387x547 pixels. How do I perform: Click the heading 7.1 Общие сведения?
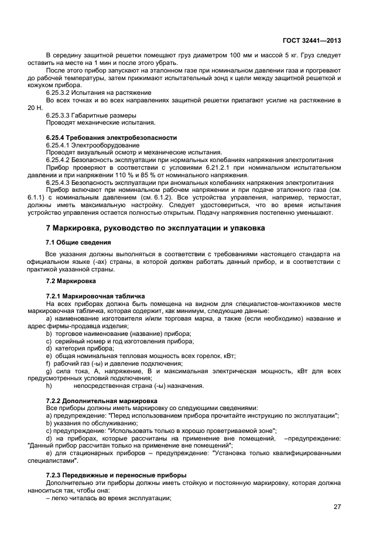[x=78, y=242]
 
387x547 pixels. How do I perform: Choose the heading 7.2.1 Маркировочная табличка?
[x=95, y=296]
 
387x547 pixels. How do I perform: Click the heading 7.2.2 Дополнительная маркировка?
[x=97, y=401]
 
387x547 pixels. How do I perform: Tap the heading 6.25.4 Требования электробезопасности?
[x=111, y=137]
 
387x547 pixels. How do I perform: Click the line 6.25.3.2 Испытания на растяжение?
[x=98, y=92]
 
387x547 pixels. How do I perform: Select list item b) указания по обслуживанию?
[x=87, y=422]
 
